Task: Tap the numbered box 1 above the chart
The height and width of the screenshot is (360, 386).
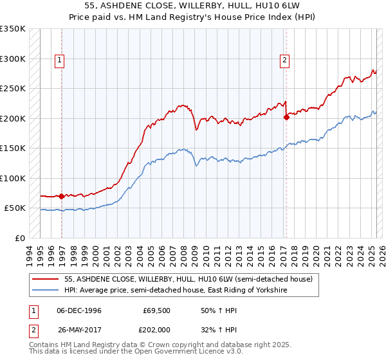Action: [x=60, y=61]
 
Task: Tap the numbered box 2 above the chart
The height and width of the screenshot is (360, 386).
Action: [x=284, y=61]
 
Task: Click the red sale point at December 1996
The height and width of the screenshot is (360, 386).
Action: [x=61, y=196]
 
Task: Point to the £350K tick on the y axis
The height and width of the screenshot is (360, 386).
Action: [x=13, y=29]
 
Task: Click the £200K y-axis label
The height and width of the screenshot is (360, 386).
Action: [x=13, y=118]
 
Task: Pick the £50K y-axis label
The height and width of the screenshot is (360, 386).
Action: [x=15, y=208]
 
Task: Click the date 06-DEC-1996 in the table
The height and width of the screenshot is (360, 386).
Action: [x=78, y=310]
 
